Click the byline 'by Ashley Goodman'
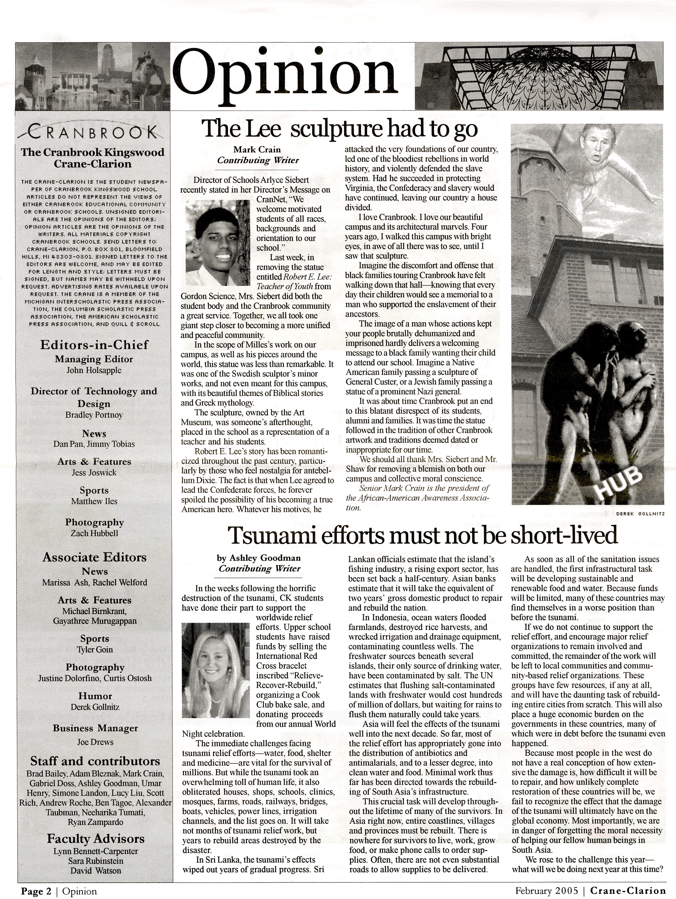(x=259, y=558)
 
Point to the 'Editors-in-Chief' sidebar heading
(x=94, y=345)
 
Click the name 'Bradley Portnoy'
(x=94, y=415)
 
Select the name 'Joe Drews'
(x=95, y=742)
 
